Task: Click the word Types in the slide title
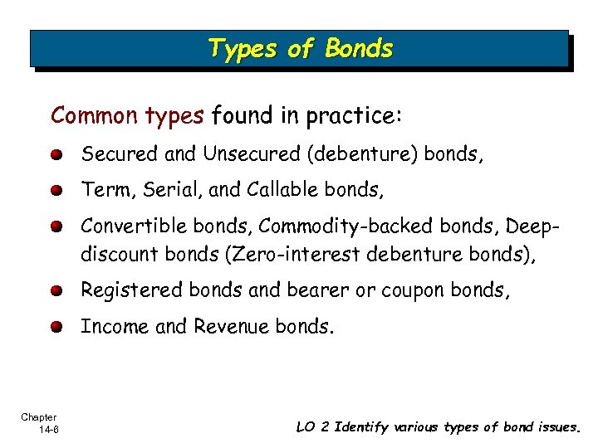(x=242, y=49)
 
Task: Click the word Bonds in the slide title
(x=359, y=49)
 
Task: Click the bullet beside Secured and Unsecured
(x=56, y=155)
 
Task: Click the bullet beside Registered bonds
(x=56, y=291)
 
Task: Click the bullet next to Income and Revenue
(x=56, y=328)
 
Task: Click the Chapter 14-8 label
(x=39, y=422)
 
